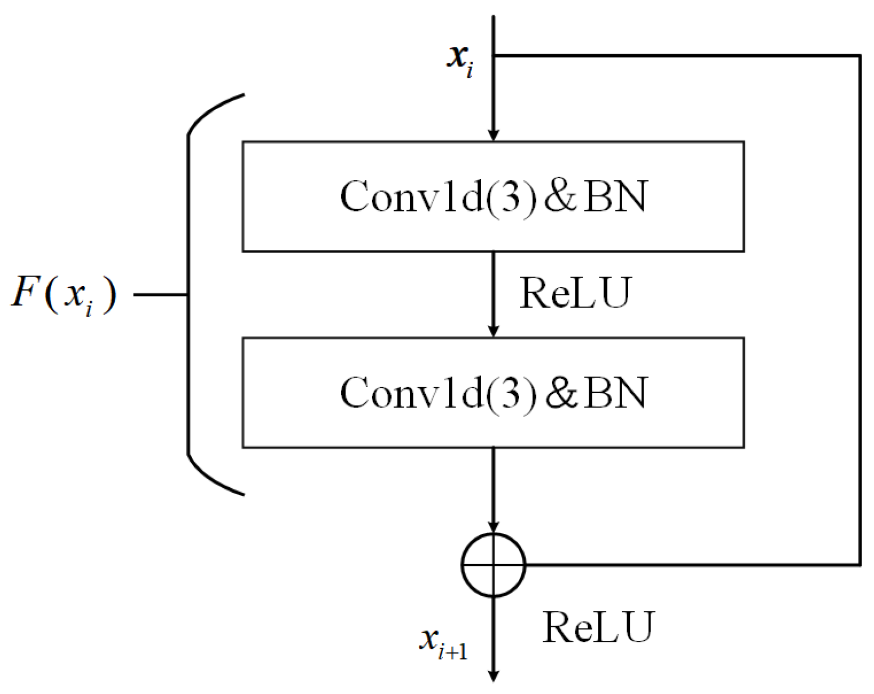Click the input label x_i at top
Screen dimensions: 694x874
coord(460,59)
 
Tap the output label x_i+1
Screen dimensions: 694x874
coord(444,643)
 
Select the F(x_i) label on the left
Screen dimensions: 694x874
coord(64,294)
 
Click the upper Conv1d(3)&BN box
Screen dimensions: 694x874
coord(493,196)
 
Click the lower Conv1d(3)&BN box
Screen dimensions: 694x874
coord(493,393)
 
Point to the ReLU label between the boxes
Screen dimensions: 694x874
coord(574,293)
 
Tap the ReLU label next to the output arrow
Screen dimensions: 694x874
coord(597,627)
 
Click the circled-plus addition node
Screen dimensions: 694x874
coord(493,565)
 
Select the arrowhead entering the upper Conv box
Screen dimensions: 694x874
coord(493,135)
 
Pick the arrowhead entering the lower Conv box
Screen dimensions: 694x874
coord(493,331)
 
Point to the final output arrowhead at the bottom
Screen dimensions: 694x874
coord(493,675)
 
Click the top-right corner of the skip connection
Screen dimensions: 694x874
coord(860,56)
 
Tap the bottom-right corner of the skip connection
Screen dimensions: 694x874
coord(860,564)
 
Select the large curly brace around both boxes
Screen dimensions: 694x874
coord(190,294)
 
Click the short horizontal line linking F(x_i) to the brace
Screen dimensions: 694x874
coord(160,294)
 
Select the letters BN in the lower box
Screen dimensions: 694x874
coord(615,393)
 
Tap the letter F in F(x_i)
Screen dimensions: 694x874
coord(25,292)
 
